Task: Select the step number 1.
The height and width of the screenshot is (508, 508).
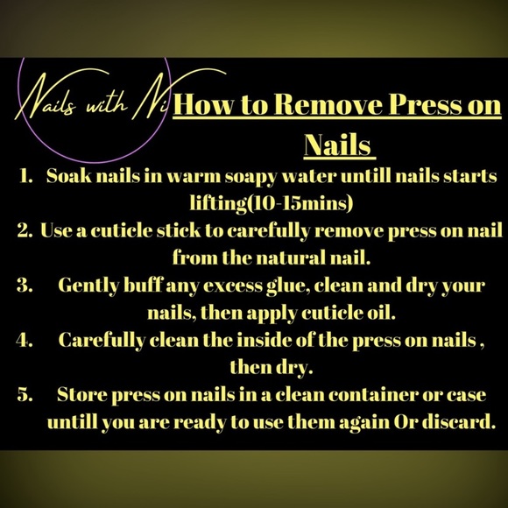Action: pyautogui.click(x=27, y=176)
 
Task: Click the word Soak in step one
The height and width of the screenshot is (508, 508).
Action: pyautogui.click(x=68, y=176)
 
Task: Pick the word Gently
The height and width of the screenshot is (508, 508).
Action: pyautogui.click(x=88, y=286)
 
